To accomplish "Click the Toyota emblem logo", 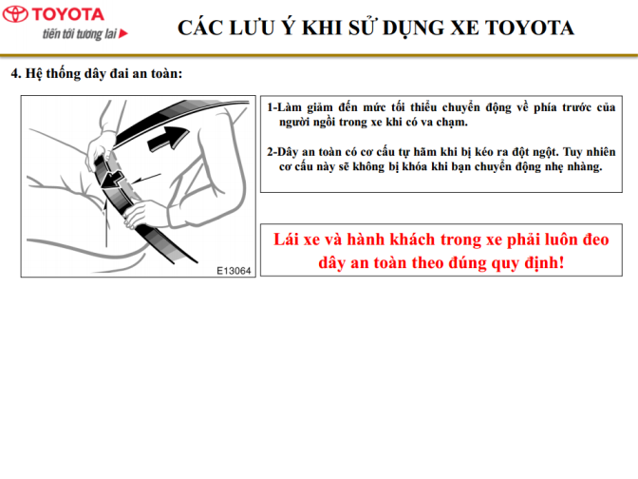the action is [x=15, y=14].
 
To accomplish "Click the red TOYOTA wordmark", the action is [x=68, y=14].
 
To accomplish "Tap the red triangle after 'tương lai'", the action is [x=123, y=33].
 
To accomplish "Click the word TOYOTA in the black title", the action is [x=530, y=29].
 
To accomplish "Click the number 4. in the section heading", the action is [x=16, y=74].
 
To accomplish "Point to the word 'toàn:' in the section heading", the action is [x=167, y=74].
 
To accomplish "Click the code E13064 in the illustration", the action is [x=234, y=271].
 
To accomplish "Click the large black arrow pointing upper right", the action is [x=168, y=139].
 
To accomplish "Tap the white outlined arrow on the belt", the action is [x=114, y=181].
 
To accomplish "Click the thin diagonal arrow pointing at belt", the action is [x=146, y=178].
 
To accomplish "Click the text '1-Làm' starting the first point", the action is [x=285, y=107].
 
